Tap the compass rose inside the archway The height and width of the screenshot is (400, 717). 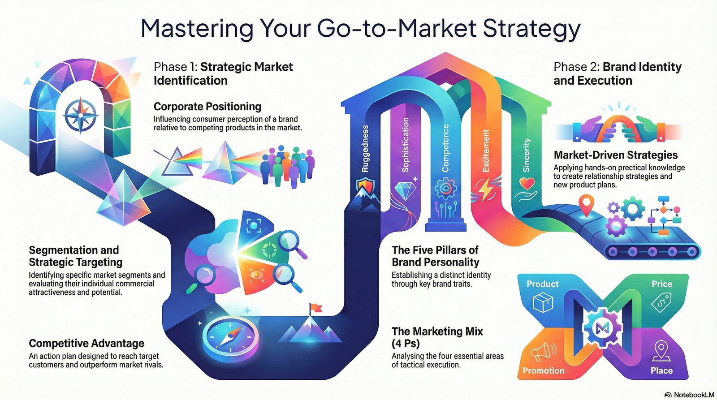[x=81, y=115]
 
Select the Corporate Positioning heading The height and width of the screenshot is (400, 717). [x=207, y=106]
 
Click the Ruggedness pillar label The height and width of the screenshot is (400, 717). [x=365, y=149]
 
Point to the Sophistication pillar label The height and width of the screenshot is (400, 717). [x=405, y=145]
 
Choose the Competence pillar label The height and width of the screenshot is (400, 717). [x=445, y=148]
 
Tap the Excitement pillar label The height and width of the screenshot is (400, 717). [x=486, y=151]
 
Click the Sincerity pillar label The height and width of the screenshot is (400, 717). [x=526, y=155]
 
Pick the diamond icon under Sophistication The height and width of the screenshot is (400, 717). [x=405, y=191]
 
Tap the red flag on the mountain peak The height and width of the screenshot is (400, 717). [x=315, y=309]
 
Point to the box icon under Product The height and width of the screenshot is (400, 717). [x=543, y=302]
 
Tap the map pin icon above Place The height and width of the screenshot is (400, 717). [x=661, y=350]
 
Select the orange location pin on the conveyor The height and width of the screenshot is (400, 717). [x=587, y=205]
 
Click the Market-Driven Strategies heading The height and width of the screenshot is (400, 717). [x=616, y=155]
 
